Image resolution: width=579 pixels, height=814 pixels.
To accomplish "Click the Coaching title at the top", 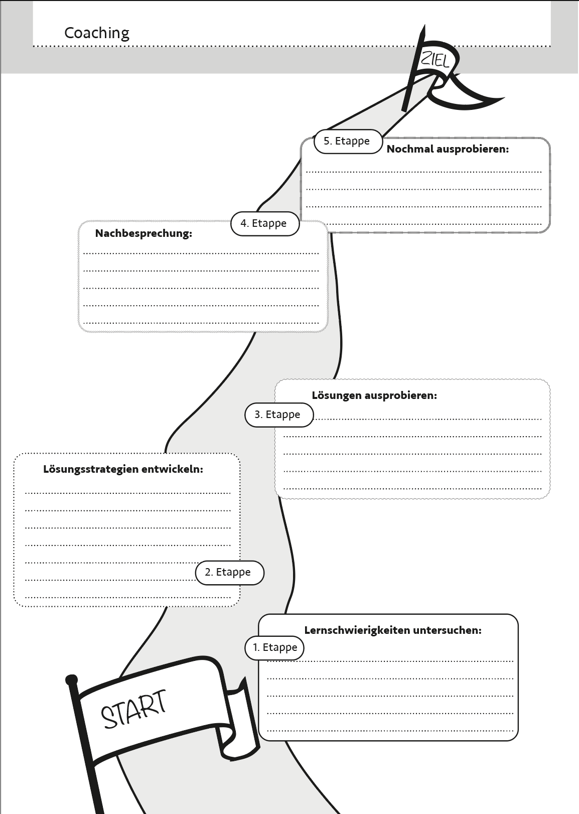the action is coord(97,34).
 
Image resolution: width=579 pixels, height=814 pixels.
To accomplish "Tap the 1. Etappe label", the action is coord(274,647).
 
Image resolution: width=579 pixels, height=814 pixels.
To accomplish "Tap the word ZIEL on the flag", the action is coord(435,59).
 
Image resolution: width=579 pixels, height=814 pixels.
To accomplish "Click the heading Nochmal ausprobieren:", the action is coord(448,149).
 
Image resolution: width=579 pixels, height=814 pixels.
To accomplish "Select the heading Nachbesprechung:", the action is coord(143,233).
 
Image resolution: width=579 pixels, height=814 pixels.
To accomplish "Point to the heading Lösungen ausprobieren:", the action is coord(374,395).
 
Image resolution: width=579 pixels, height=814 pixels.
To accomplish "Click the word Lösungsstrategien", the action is coord(91,469).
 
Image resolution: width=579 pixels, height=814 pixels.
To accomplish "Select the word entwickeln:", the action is coord(172,469).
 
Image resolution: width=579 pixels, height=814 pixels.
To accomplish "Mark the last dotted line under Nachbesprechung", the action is coord(201,323).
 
